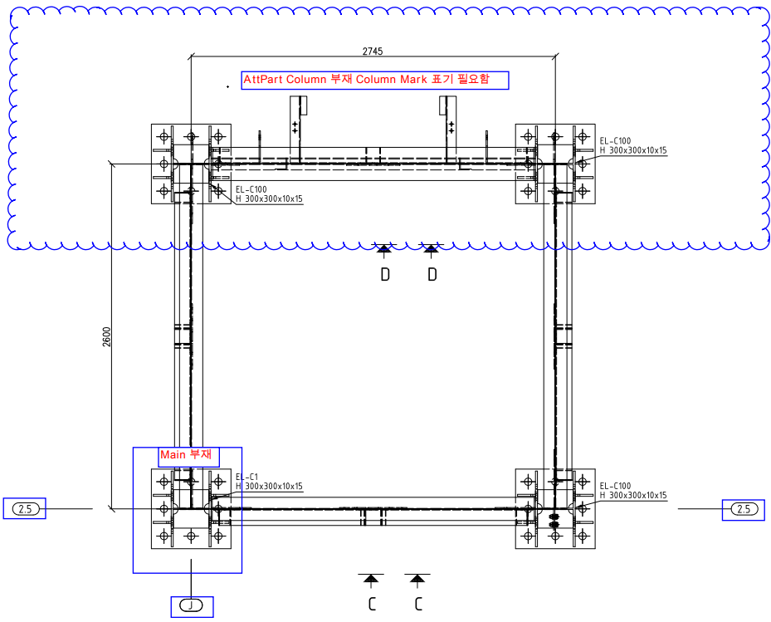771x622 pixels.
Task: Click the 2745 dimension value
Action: [x=372, y=51]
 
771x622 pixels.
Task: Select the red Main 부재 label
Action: [x=186, y=455]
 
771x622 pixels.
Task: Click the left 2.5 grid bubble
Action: [x=25, y=509]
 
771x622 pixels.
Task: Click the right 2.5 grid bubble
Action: [x=743, y=509]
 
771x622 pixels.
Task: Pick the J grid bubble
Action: [x=192, y=606]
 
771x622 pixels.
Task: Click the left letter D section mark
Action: [x=385, y=274]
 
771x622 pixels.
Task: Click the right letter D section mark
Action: [x=432, y=274]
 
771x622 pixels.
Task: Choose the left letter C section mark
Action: [x=372, y=604]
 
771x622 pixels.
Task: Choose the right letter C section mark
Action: [x=418, y=604]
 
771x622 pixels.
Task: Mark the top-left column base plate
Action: [x=191, y=164]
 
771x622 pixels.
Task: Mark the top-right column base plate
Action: [x=555, y=164]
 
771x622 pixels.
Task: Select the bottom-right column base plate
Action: [x=555, y=509]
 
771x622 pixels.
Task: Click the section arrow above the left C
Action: [x=371, y=578]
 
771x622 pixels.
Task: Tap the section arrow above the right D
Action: [x=432, y=248]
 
